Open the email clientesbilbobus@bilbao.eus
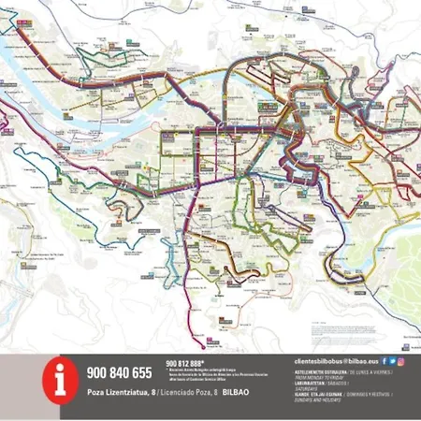(x=335, y=360)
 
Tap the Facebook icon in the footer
(x=383, y=360)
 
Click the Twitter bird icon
(x=392, y=360)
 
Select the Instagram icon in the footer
(x=401, y=360)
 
